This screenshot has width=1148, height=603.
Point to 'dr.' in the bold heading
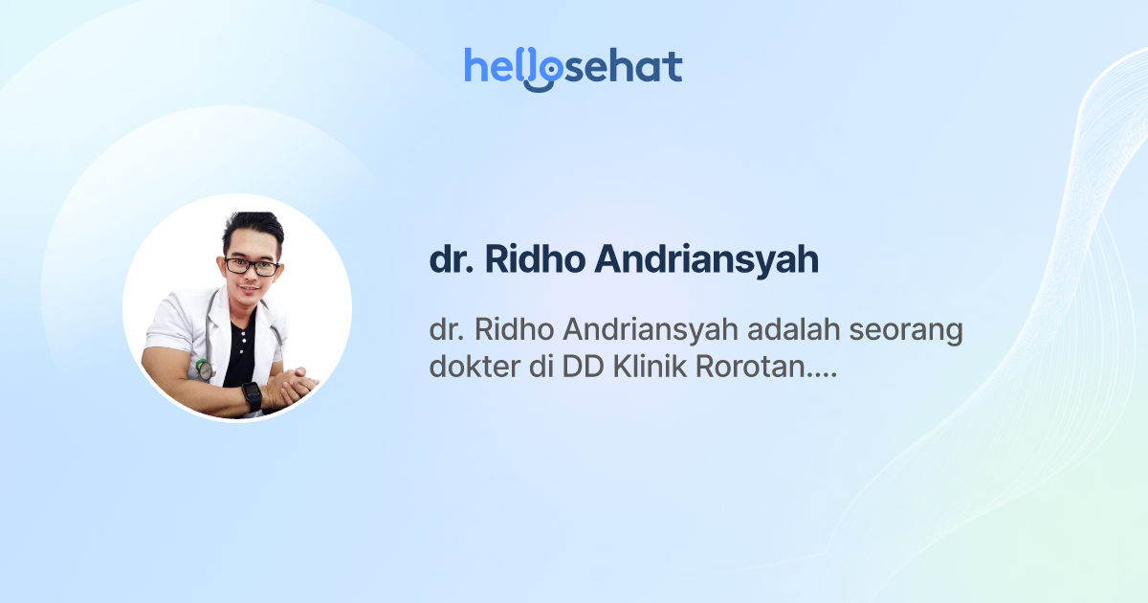tap(452, 260)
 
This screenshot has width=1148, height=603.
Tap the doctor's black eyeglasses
tap(253, 266)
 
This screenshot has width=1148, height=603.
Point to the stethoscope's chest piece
tap(203, 368)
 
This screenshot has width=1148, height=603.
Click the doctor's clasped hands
tap(291, 389)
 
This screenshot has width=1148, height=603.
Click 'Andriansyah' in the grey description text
tap(630, 330)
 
